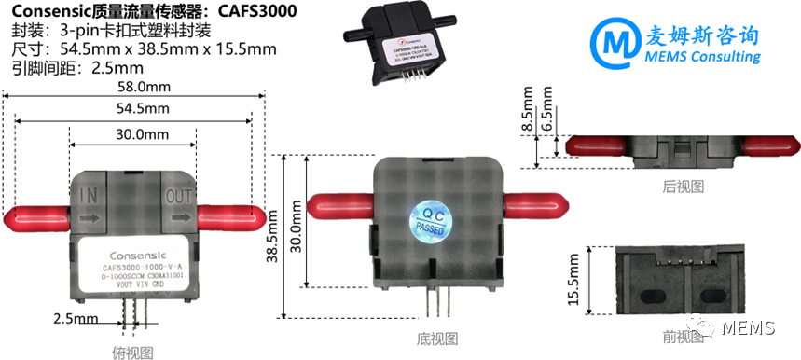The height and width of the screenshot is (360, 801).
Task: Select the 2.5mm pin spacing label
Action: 76,320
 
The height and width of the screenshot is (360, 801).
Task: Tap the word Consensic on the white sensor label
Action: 135,252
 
